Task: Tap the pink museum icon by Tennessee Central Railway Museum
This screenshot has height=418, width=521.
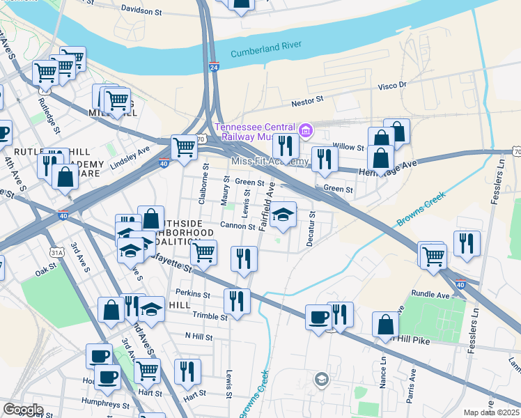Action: point(304,130)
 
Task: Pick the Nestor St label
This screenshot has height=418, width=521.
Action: point(306,100)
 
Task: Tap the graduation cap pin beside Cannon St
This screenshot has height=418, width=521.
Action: point(283,215)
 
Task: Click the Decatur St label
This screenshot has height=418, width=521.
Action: point(311,229)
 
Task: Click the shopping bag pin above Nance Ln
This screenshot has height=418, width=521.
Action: point(385,325)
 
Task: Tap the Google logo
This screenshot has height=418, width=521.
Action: point(23,410)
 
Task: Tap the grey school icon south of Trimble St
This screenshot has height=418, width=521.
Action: point(321,379)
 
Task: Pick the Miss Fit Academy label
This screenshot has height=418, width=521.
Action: point(269,162)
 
